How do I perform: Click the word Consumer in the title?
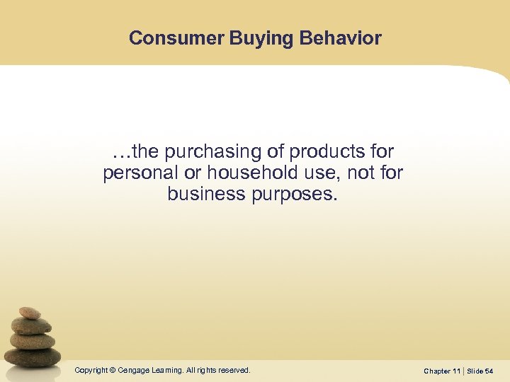point(176,38)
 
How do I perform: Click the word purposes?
point(295,194)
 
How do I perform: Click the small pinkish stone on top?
point(29,313)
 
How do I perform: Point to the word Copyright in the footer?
point(90,370)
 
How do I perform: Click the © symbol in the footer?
point(112,370)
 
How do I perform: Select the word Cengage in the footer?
point(132,370)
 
